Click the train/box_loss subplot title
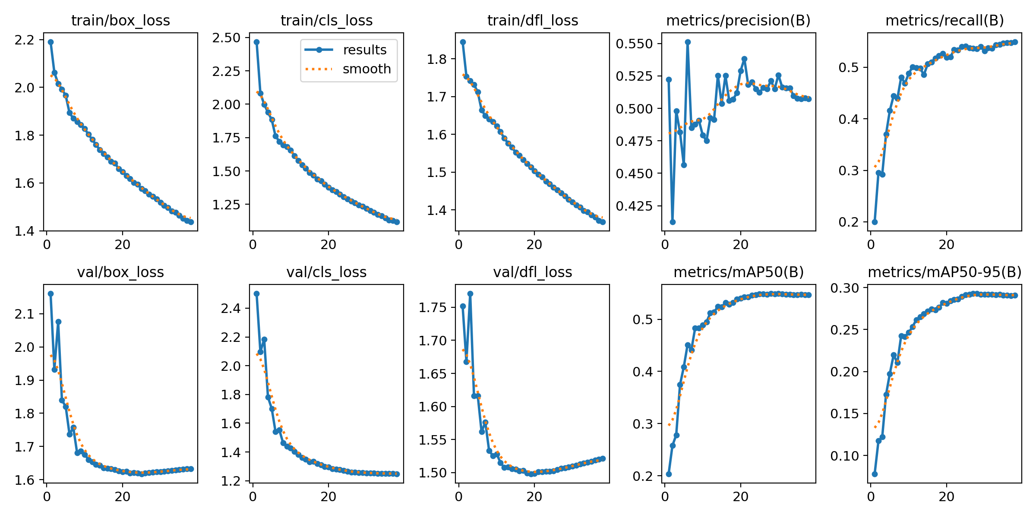click(x=120, y=20)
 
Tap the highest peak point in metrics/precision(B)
click(x=688, y=42)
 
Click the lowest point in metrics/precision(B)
click(x=673, y=222)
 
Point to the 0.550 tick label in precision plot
click(x=635, y=44)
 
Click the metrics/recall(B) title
click(x=944, y=20)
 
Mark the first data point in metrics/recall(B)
click(x=875, y=222)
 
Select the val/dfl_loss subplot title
click(x=533, y=272)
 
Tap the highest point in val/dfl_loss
click(x=470, y=294)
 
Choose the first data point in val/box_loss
click(x=51, y=294)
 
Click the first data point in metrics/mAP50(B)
click(x=669, y=474)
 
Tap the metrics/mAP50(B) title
click(x=739, y=272)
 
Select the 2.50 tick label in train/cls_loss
click(x=226, y=38)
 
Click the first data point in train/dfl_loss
click(x=463, y=42)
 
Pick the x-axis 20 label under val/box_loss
click(x=123, y=496)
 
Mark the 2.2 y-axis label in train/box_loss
click(x=25, y=40)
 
